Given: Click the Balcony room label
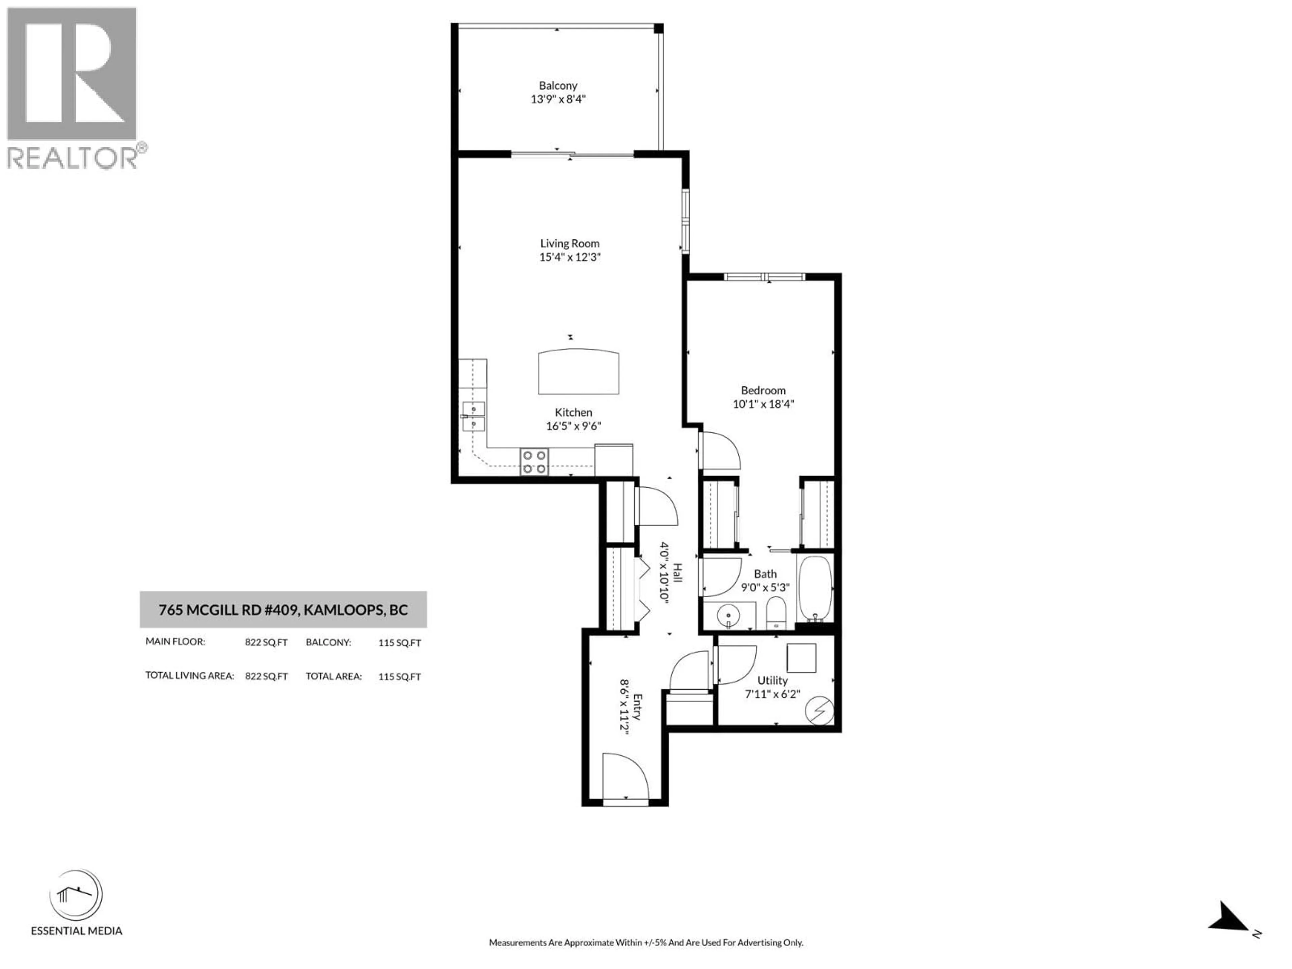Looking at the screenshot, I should [x=558, y=86].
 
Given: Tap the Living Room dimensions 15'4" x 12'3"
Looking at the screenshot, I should [x=570, y=257].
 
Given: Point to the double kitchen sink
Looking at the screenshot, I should [x=474, y=416].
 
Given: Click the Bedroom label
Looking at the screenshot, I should [x=763, y=390].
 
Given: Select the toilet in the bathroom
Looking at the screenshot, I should [x=776, y=612].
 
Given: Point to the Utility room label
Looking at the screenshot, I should [x=772, y=680].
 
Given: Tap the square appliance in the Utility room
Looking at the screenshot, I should [x=801, y=658].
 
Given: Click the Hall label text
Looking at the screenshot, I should [x=678, y=572].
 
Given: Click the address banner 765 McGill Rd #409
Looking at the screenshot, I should [x=283, y=610].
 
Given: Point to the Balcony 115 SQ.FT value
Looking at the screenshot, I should [x=399, y=643].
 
